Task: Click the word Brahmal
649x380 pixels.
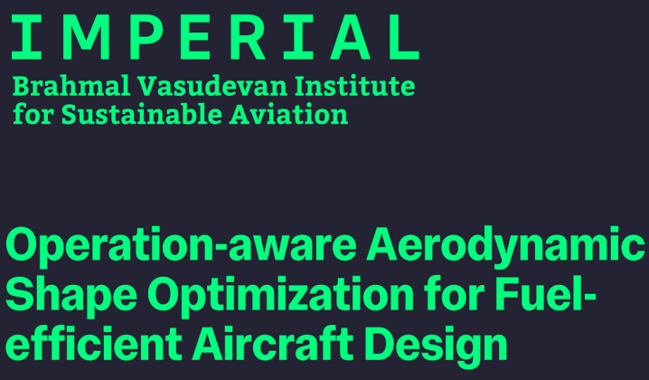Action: [68, 87]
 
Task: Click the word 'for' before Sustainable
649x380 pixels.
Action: [29, 116]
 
